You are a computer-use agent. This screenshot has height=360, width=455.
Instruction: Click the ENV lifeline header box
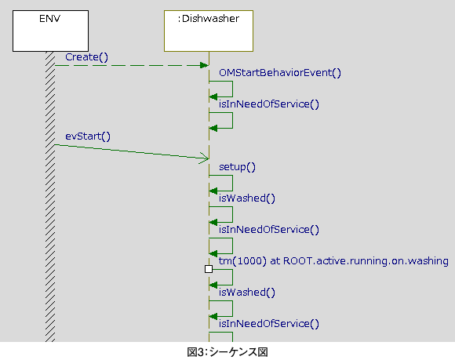coord(50,31)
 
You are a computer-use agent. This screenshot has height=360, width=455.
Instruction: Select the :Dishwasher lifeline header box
coord(209,31)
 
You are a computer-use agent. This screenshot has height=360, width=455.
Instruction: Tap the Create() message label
coord(86,57)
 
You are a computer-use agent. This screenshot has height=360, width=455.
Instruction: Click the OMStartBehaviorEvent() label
coord(280,73)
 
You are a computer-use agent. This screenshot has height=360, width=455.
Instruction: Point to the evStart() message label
coord(88,136)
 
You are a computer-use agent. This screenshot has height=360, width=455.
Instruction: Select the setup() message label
coord(237,167)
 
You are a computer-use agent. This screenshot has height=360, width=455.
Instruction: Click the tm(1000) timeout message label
coord(333,261)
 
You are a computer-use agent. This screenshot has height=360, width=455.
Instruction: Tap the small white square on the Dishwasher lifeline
coord(209,269)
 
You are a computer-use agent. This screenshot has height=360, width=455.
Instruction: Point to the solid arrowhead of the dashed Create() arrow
coord(204,65)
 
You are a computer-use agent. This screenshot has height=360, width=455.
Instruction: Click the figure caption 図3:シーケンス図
coord(227,352)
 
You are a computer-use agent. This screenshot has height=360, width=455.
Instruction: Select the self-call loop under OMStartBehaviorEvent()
coord(232,89)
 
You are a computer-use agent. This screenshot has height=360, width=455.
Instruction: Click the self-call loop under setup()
coord(232,183)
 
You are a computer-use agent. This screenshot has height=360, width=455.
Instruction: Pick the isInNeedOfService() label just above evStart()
coord(269,104)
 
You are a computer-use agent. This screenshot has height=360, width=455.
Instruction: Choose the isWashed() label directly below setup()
coord(246,198)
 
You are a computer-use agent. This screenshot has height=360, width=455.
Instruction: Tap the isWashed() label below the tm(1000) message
coord(246,293)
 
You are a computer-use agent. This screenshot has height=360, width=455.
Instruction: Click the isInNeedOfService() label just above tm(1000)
coord(269,230)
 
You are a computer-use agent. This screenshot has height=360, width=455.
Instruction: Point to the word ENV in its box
coord(50,19)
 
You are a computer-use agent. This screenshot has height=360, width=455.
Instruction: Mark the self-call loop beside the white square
coord(232,278)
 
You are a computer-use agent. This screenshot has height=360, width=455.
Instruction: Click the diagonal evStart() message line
coord(132,151)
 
